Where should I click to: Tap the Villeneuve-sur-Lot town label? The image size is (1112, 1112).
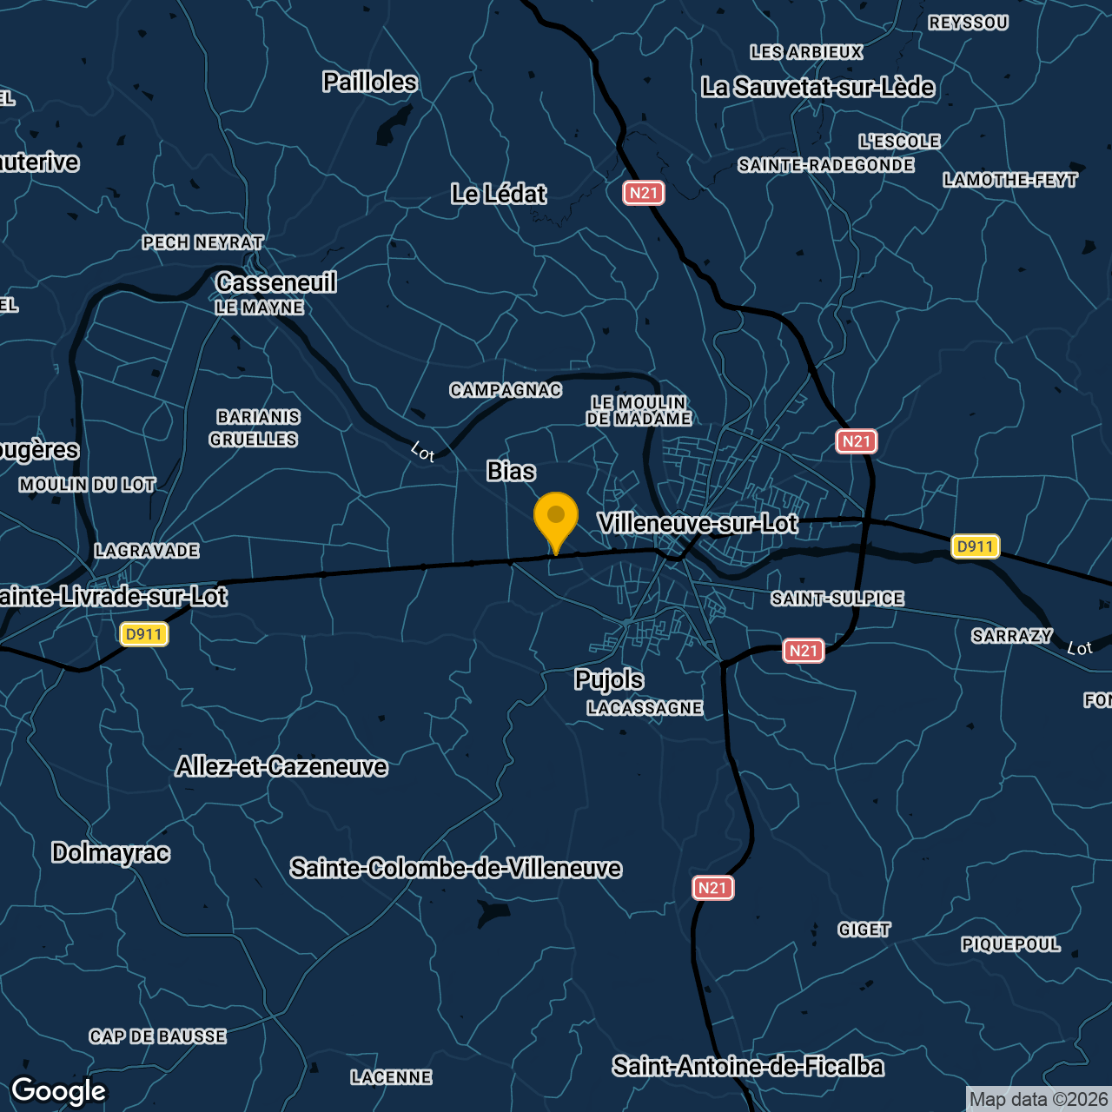(x=698, y=523)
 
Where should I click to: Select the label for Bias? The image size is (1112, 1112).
(x=511, y=471)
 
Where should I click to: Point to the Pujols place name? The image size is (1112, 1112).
(x=609, y=679)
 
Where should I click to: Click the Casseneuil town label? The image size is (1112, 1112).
(x=276, y=282)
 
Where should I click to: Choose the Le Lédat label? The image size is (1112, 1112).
(x=499, y=194)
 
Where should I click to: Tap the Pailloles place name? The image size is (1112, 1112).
(x=370, y=82)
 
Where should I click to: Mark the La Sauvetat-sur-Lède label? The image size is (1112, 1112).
(x=817, y=87)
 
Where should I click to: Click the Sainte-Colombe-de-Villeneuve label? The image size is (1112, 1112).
(x=456, y=868)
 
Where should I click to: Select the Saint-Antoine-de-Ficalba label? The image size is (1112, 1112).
(x=748, y=1066)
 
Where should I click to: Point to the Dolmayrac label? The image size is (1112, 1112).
(x=110, y=852)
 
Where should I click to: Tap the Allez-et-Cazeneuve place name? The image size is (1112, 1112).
(x=281, y=766)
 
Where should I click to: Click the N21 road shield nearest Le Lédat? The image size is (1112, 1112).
(x=644, y=193)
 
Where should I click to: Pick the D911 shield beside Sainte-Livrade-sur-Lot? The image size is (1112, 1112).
(x=144, y=634)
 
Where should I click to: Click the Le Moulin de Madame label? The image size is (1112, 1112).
(x=639, y=411)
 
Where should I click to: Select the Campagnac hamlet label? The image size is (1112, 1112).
(x=506, y=390)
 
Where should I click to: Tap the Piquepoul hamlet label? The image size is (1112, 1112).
(x=1010, y=944)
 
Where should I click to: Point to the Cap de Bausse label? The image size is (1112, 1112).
(x=158, y=1036)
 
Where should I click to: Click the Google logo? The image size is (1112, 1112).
(x=59, y=1091)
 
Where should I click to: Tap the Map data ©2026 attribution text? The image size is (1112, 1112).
(x=1038, y=1100)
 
